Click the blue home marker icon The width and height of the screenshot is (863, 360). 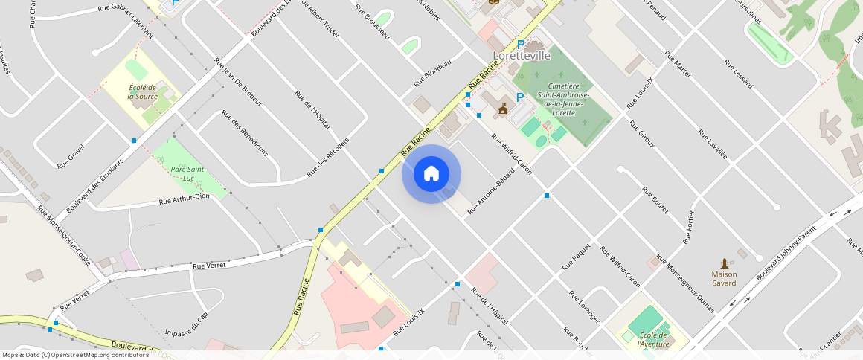pos(431,174)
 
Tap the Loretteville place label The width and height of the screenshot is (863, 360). pos(522,56)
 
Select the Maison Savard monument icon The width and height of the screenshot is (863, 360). pos(724,263)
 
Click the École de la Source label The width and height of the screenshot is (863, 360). pos(141,91)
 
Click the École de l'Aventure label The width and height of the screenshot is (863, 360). pos(652,338)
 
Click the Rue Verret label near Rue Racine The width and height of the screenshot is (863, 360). pos(209,264)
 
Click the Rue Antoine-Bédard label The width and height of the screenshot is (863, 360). pos(491,197)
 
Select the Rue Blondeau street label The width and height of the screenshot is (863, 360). pos(432,75)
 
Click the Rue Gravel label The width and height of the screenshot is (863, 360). pos(71,156)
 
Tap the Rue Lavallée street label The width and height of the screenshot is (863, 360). pos(712,145)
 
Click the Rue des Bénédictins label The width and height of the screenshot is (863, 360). pos(245,133)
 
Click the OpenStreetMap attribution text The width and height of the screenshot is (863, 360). pos(75,355)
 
